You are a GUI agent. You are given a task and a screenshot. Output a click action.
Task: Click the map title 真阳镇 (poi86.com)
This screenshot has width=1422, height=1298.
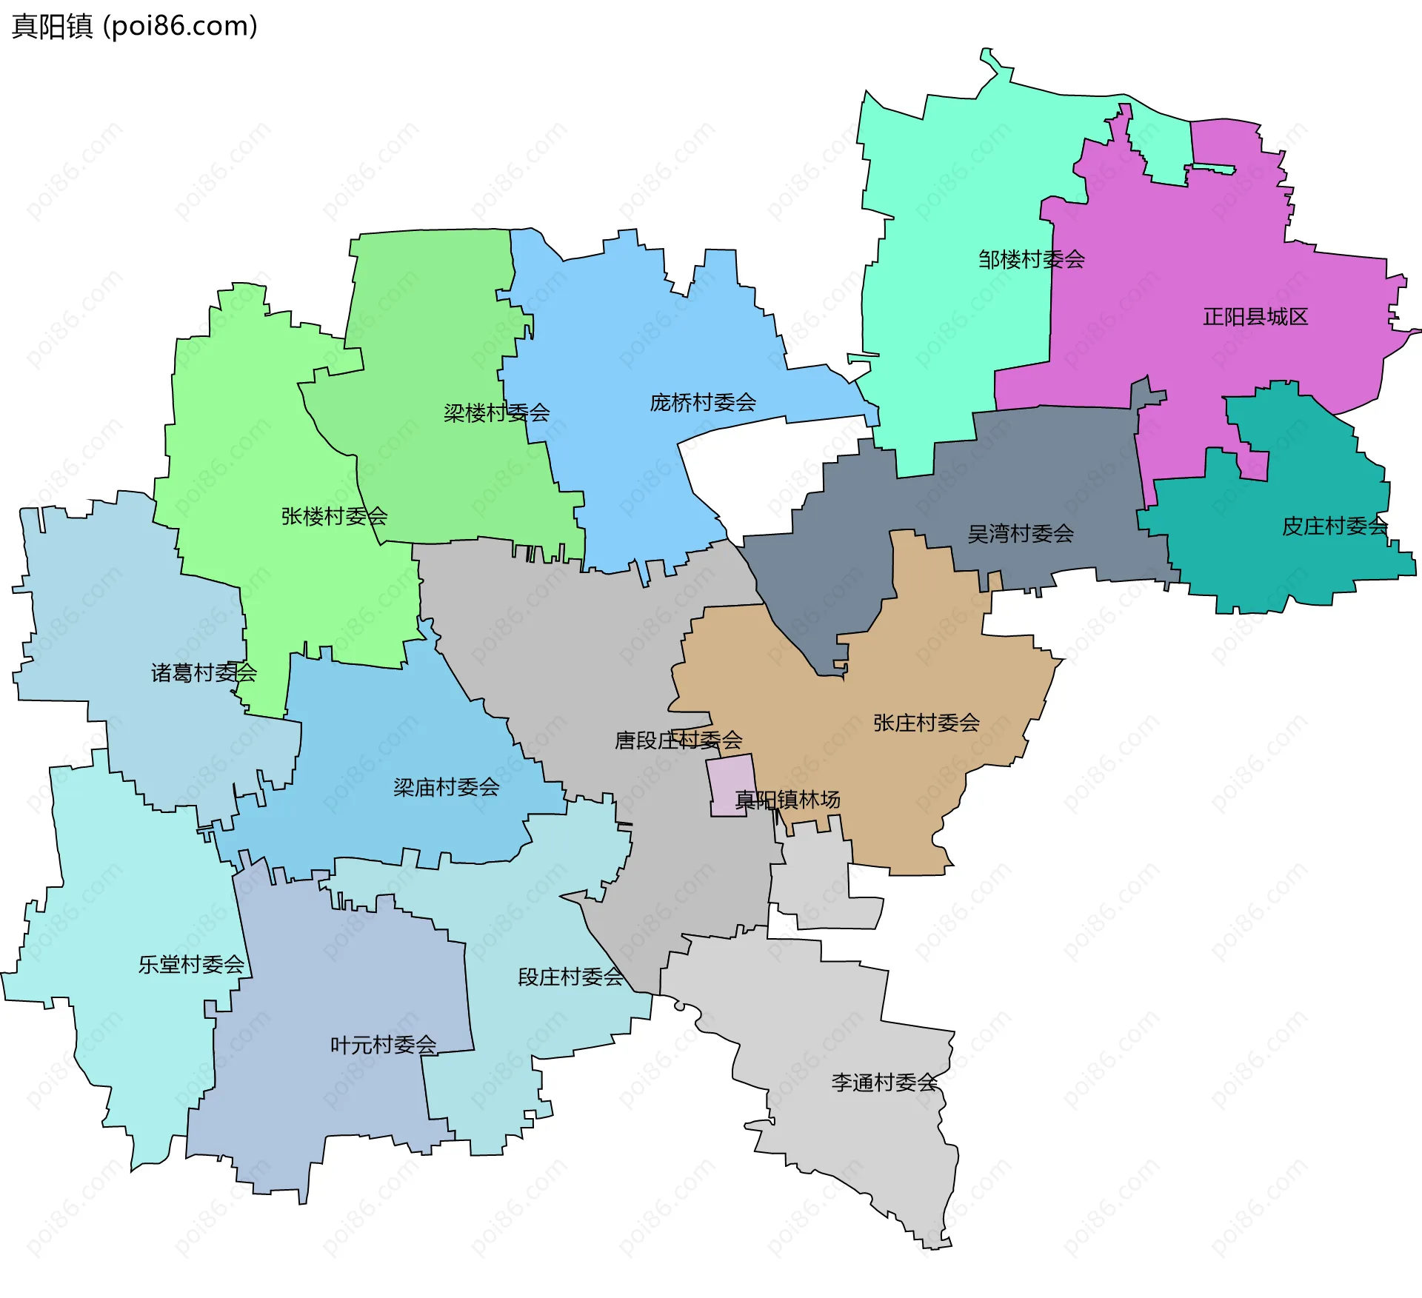pos(134,26)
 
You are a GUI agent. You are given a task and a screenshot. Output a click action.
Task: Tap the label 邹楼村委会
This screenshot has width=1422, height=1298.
pos(1031,259)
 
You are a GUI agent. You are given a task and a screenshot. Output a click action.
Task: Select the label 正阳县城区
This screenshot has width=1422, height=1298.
pos(1255,317)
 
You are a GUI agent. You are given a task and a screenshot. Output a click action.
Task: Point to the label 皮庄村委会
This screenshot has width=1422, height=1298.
pos(1334,526)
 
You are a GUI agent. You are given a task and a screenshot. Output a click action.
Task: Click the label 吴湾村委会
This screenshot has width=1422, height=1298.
pos(1020,533)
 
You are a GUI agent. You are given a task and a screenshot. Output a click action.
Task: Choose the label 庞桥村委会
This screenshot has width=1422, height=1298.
pos(702,402)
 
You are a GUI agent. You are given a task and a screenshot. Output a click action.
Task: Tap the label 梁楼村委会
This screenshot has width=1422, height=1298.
pos(496,412)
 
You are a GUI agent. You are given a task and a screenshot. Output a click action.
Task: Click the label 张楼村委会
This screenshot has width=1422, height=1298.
pos(334,516)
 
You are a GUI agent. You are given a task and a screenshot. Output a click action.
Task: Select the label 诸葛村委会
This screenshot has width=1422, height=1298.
pos(204,672)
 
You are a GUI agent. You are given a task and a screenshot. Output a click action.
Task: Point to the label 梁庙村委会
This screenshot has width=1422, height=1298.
pos(446,787)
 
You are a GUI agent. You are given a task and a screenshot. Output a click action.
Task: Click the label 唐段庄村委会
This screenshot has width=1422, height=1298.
pos(678,740)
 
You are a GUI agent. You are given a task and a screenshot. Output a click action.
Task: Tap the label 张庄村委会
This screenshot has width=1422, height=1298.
pos(926,723)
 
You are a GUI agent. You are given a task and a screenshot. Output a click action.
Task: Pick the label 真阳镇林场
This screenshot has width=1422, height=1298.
pos(787,800)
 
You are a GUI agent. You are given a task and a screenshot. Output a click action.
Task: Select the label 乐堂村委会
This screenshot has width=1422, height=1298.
pos(191,964)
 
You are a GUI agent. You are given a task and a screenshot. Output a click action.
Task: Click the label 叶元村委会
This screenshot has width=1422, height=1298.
pos(383,1045)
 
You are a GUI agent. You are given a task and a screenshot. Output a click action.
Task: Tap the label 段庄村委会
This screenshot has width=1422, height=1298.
pos(570,977)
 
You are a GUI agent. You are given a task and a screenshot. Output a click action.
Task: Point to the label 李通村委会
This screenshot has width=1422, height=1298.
pos(884,1083)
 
